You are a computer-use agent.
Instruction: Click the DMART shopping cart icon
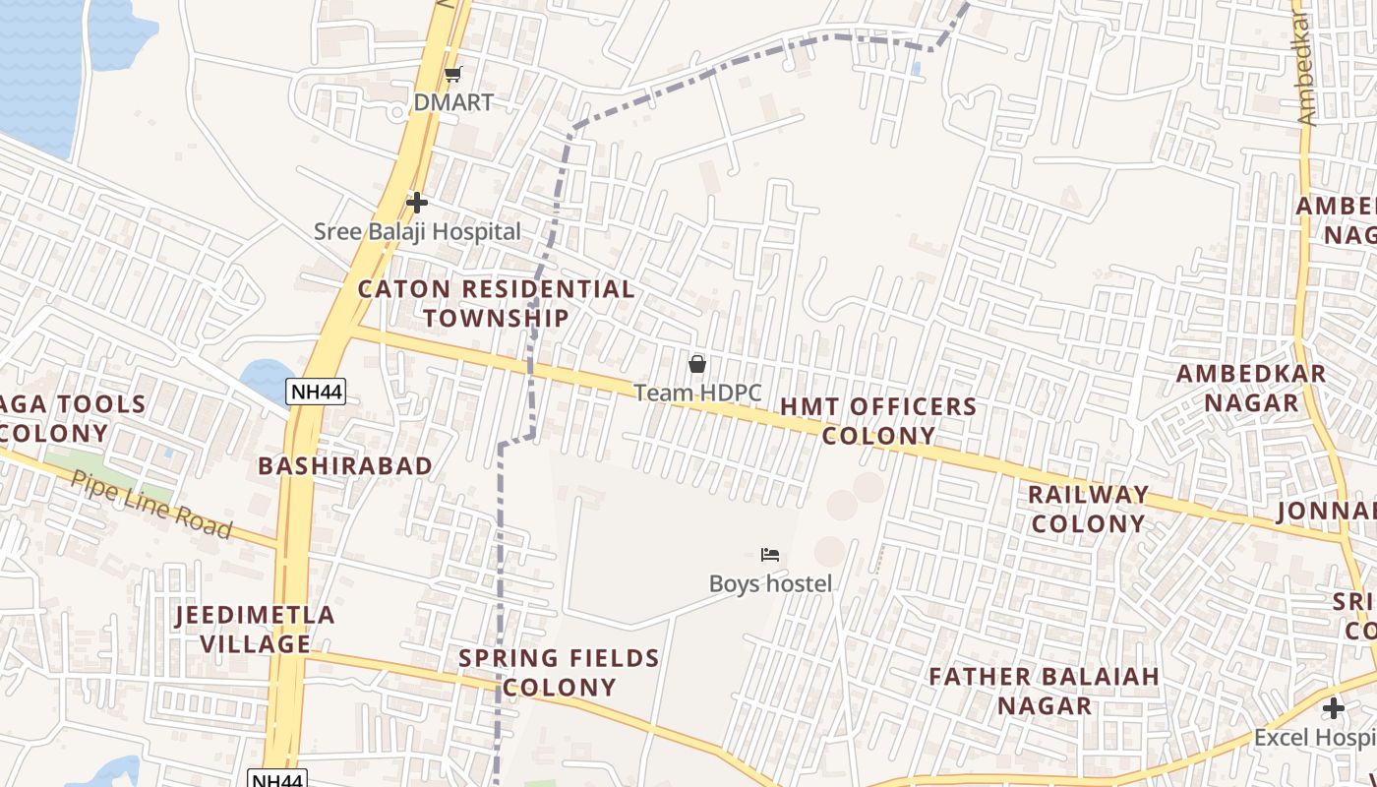pyautogui.click(x=452, y=74)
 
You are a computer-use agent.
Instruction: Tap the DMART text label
pyautogui.click(x=453, y=102)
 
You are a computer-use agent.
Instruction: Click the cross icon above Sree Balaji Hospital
pyautogui.click(x=417, y=203)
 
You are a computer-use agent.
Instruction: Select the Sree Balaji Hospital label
pyautogui.click(x=417, y=232)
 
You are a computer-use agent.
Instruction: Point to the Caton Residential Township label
pyautogui.click(x=497, y=303)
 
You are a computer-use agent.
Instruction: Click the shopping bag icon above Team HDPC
pyautogui.click(x=697, y=364)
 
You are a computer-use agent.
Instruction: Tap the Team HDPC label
pyautogui.click(x=697, y=393)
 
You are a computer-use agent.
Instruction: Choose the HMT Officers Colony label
pyautogui.click(x=878, y=421)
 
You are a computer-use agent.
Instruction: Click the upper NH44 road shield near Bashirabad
pyautogui.click(x=317, y=393)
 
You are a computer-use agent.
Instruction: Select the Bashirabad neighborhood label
pyautogui.click(x=345, y=465)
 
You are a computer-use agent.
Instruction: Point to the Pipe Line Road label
pyautogui.click(x=151, y=504)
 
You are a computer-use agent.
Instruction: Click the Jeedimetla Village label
pyautogui.click(x=256, y=630)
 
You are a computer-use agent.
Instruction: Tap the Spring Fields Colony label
pyautogui.click(x=559, y=672)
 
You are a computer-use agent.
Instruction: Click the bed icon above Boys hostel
pyautogui.click(x=770, y=555)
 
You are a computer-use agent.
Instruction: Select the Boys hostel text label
pyautogui.click(x=770, y=583)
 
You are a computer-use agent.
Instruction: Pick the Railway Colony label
pyautogui.click(x=1089, y=509)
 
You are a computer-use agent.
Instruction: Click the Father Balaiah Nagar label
pyautogui.click(x=1045, y=691)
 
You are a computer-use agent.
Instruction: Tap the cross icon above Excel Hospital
pyautogui.click(x=1334, y=708)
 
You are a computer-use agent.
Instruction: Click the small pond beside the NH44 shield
pyautogui.click(x=266, y=378)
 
